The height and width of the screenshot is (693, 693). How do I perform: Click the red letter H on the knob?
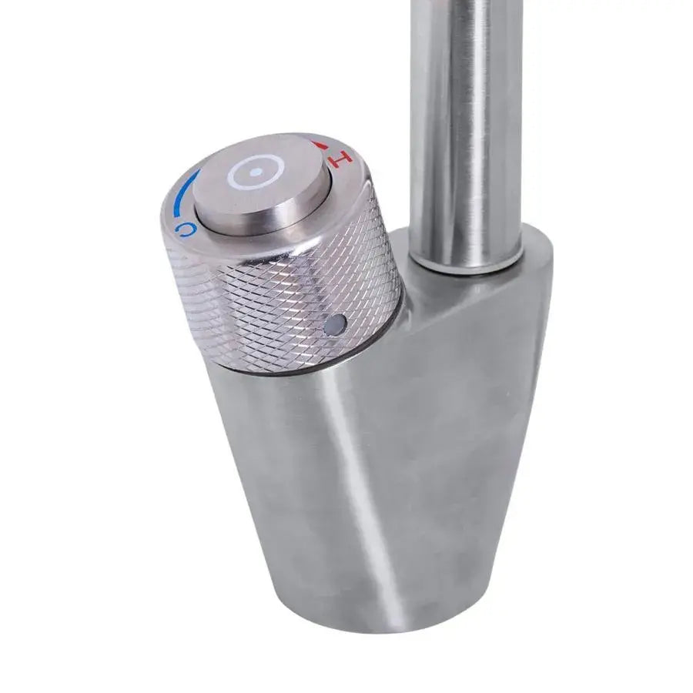point(340,158)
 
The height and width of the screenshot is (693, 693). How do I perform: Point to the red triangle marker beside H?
point(319,144)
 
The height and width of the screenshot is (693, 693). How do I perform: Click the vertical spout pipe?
point(466,115)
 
